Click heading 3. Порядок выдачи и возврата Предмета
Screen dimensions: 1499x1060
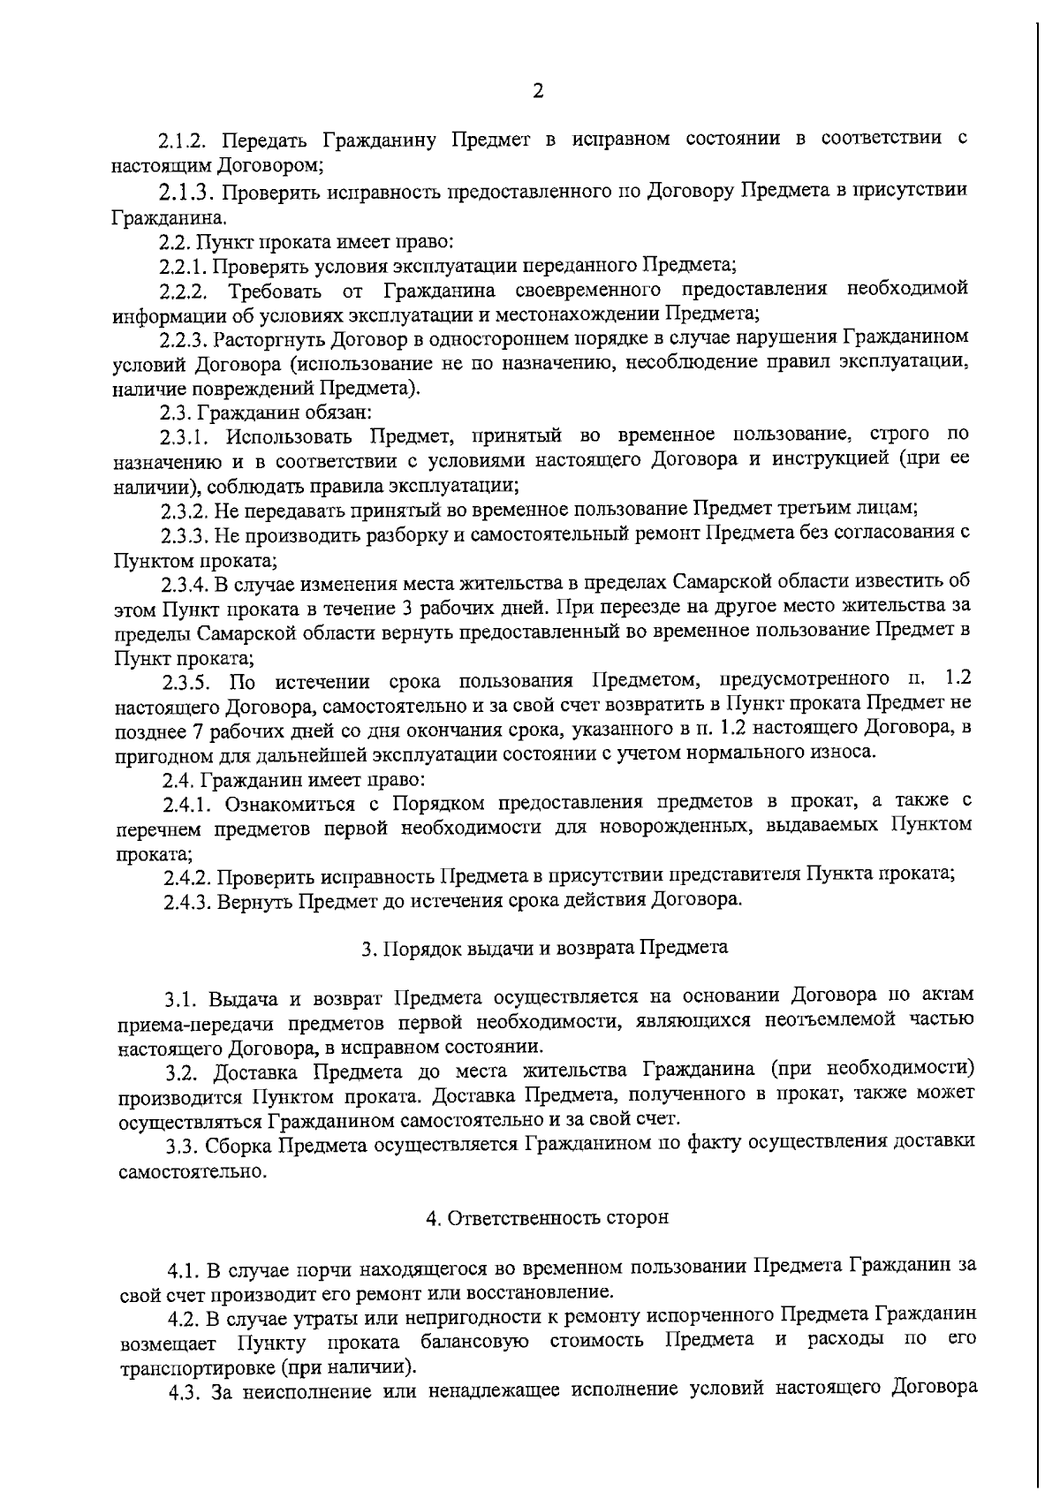545,948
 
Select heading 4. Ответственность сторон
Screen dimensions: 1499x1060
548,1218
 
